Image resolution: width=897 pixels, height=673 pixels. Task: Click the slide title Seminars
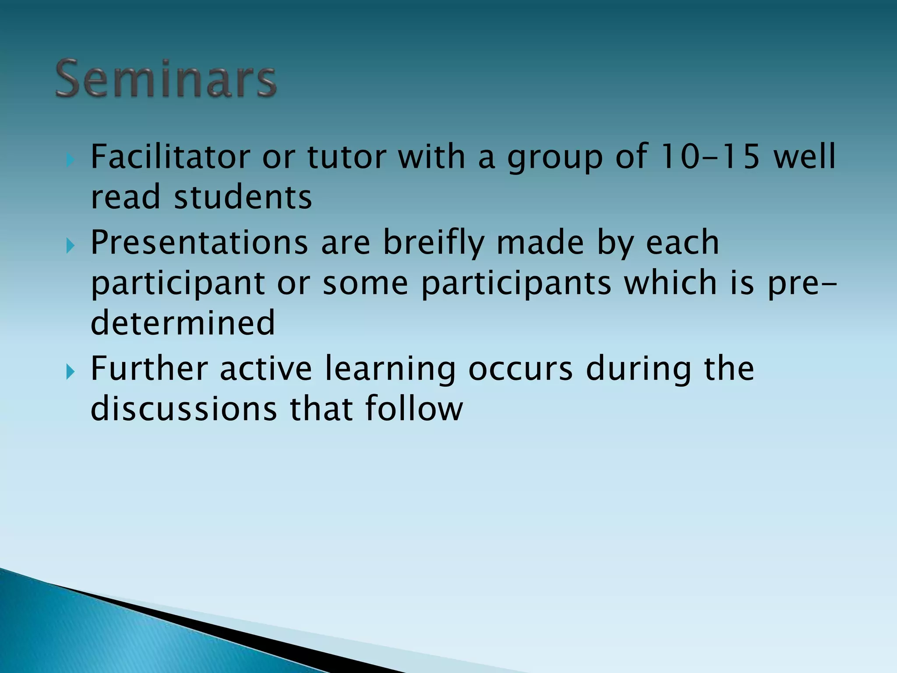point(166,79)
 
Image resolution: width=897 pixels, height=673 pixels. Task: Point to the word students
point(243,197)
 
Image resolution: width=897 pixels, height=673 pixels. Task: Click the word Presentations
point(199,242)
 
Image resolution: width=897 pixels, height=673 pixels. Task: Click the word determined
point(183,323)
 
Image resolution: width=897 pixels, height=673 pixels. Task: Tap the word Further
point(149,368)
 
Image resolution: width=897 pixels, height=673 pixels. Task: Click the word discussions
point(184,409)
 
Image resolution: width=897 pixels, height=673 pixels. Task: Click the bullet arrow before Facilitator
point(70,160)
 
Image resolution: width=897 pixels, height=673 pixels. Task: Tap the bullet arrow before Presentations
point(70,246)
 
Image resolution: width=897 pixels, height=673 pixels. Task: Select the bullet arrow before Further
point(70,372)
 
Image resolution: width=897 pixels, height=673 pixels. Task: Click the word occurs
point(520,368)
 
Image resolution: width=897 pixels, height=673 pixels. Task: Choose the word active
point(266,368)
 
